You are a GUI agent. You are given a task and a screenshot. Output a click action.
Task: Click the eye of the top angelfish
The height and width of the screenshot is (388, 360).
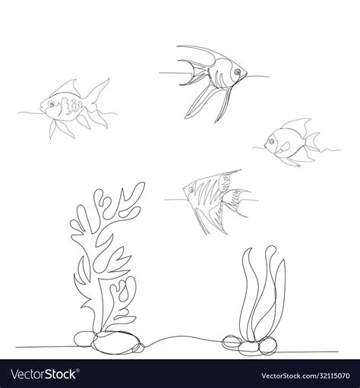point(237,73)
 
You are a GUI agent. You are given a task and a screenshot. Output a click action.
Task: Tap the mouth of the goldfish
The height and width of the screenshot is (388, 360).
point(43,106)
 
